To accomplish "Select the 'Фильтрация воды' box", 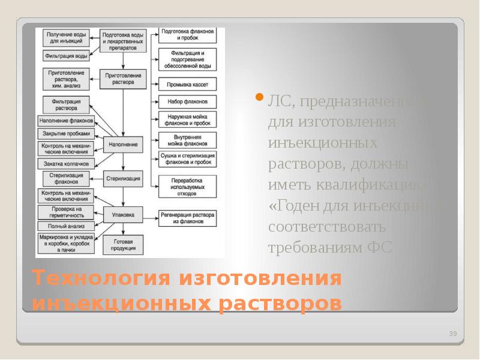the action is (65, 56).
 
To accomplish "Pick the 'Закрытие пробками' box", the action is (65, 133).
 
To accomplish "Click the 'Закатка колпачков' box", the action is (65, 163).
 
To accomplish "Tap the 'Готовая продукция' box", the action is (123, 244).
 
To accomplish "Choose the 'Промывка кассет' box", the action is (187, 84).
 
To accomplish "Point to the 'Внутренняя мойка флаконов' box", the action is (187, 140).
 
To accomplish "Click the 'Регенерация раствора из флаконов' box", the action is (187, 217).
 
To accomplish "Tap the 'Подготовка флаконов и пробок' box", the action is (187, 34).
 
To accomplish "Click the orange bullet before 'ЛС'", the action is (260, 98).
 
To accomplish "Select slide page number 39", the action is (453, 334).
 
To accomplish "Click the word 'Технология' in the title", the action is (97, 279).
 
